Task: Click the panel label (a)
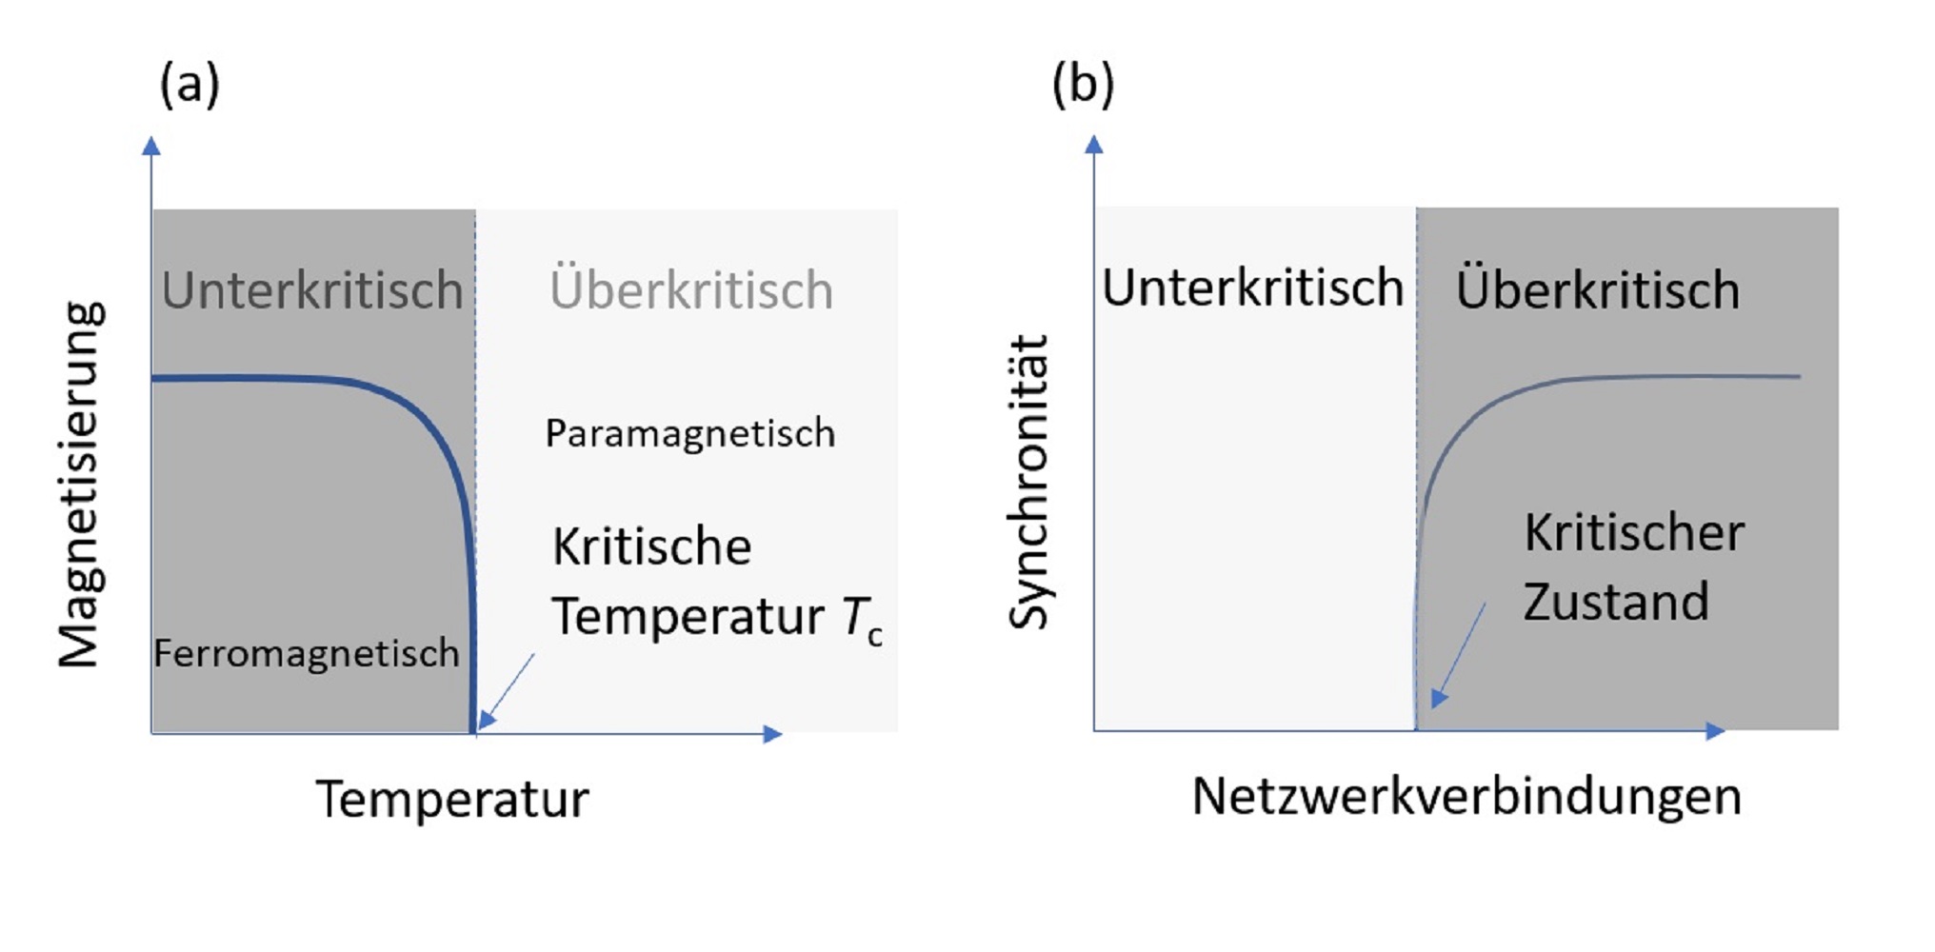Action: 190,84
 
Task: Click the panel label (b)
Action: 1083,84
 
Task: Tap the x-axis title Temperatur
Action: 452,798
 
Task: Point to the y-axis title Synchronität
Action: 1028,482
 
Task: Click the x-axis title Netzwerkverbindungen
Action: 1466,796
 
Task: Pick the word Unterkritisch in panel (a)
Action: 312,289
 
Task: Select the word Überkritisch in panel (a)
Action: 691,288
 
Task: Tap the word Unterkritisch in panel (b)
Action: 1253,287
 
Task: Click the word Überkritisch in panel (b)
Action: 1598,288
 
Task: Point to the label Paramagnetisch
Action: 690,434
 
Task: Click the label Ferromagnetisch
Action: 307,653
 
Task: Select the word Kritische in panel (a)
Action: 652,546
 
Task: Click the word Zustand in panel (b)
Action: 1616,602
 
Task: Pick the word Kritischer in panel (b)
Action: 1634,532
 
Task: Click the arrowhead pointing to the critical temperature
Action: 486,720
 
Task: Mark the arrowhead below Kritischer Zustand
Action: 1439,698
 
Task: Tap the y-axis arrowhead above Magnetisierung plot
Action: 151,146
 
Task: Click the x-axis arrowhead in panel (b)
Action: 1716,730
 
